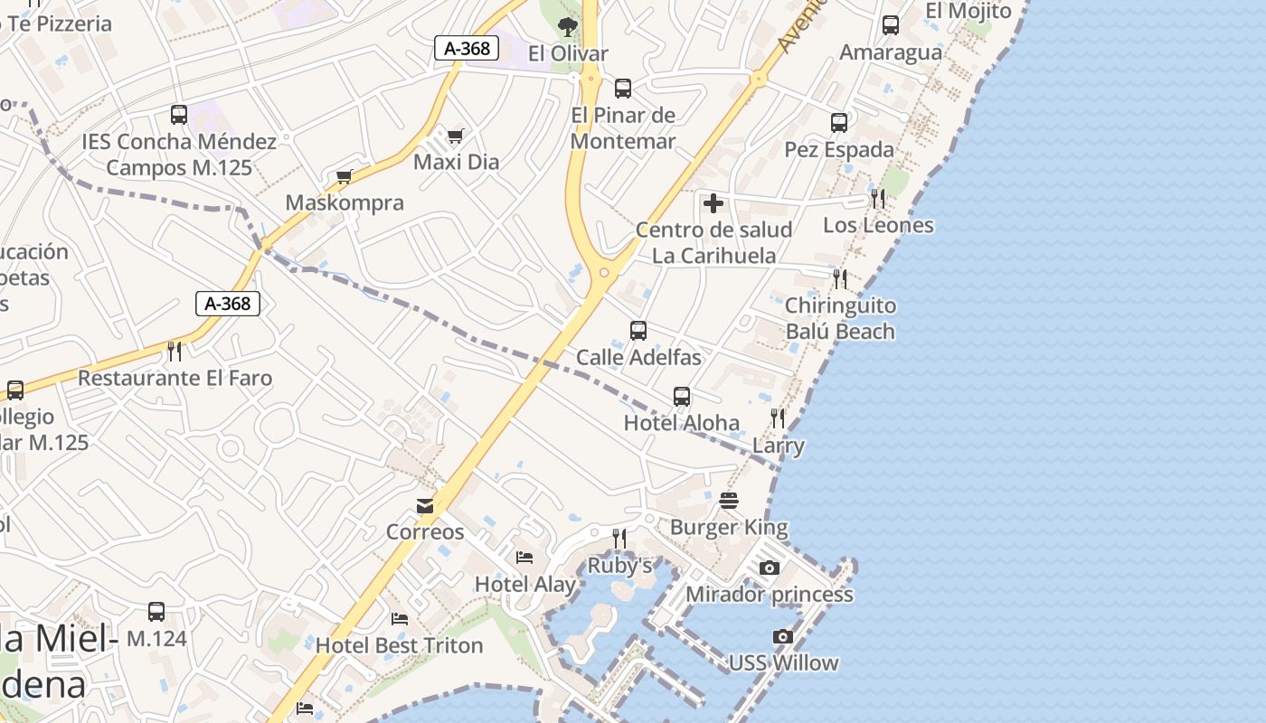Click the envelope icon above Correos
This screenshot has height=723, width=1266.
pos(425,505)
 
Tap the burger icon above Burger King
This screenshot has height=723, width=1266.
pos(729,500)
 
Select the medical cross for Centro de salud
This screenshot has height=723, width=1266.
pos(713,203)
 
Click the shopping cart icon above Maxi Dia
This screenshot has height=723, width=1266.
pos(455,136)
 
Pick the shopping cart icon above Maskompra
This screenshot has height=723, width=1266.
pos(344,176)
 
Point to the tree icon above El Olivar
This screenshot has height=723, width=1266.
pos(568,27)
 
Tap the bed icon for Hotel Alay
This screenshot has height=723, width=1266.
pos(524,558)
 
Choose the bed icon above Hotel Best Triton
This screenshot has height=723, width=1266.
pos(400,619)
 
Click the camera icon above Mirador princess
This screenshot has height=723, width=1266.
pos(770,568)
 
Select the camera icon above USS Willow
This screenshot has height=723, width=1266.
pos(783,636)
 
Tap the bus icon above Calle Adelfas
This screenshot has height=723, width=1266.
pos(638,331)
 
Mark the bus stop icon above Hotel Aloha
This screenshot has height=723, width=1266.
pos(682,397)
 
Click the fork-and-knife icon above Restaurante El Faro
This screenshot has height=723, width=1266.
pos(175,351)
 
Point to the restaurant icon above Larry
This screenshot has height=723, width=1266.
pos(778,418)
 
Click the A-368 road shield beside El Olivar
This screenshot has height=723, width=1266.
pos(467,49)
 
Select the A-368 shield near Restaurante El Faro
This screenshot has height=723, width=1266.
pos(228,304)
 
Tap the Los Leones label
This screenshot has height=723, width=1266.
pos(878,225)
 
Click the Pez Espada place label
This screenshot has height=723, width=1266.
pos(839,149)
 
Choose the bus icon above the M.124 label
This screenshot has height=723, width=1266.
pos(156,612)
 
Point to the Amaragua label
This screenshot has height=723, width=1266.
pos(891,52)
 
